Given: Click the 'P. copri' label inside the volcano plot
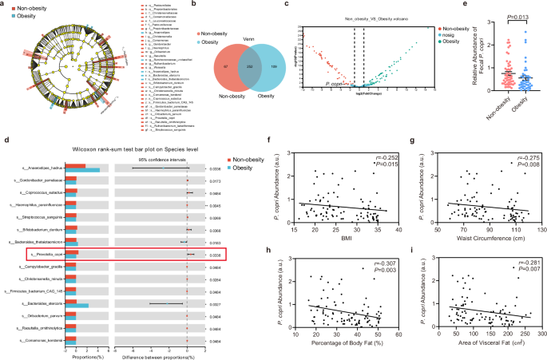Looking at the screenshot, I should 335,82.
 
